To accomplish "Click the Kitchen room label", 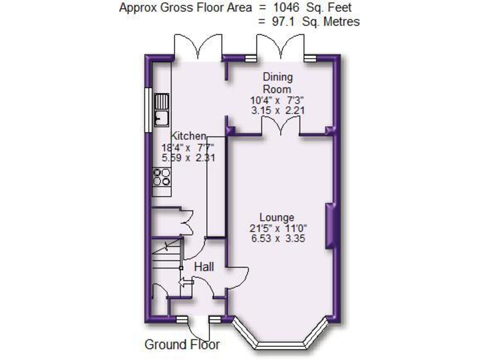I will pyautogui.click(x=189, y=136).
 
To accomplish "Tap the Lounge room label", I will pyautogui.click(x=277, y=217).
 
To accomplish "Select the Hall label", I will pyautogui.click(x=204, y=267).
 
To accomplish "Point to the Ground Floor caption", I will pyautogui.click(x=182, y=344).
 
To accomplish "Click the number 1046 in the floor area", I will pyautogui.click(x=281, y=8).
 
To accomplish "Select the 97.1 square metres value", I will pyautogui.click(x=279, y=21).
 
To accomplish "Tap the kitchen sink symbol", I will pyautogui.click(x=162, y=109).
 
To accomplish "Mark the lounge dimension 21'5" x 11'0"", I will pyautogui.click(x=277, y=227).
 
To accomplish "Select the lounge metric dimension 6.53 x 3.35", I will pyautogui.click(x=277, y=238).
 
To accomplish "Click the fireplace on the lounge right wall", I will pyautogui.click(x=329, y=226).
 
